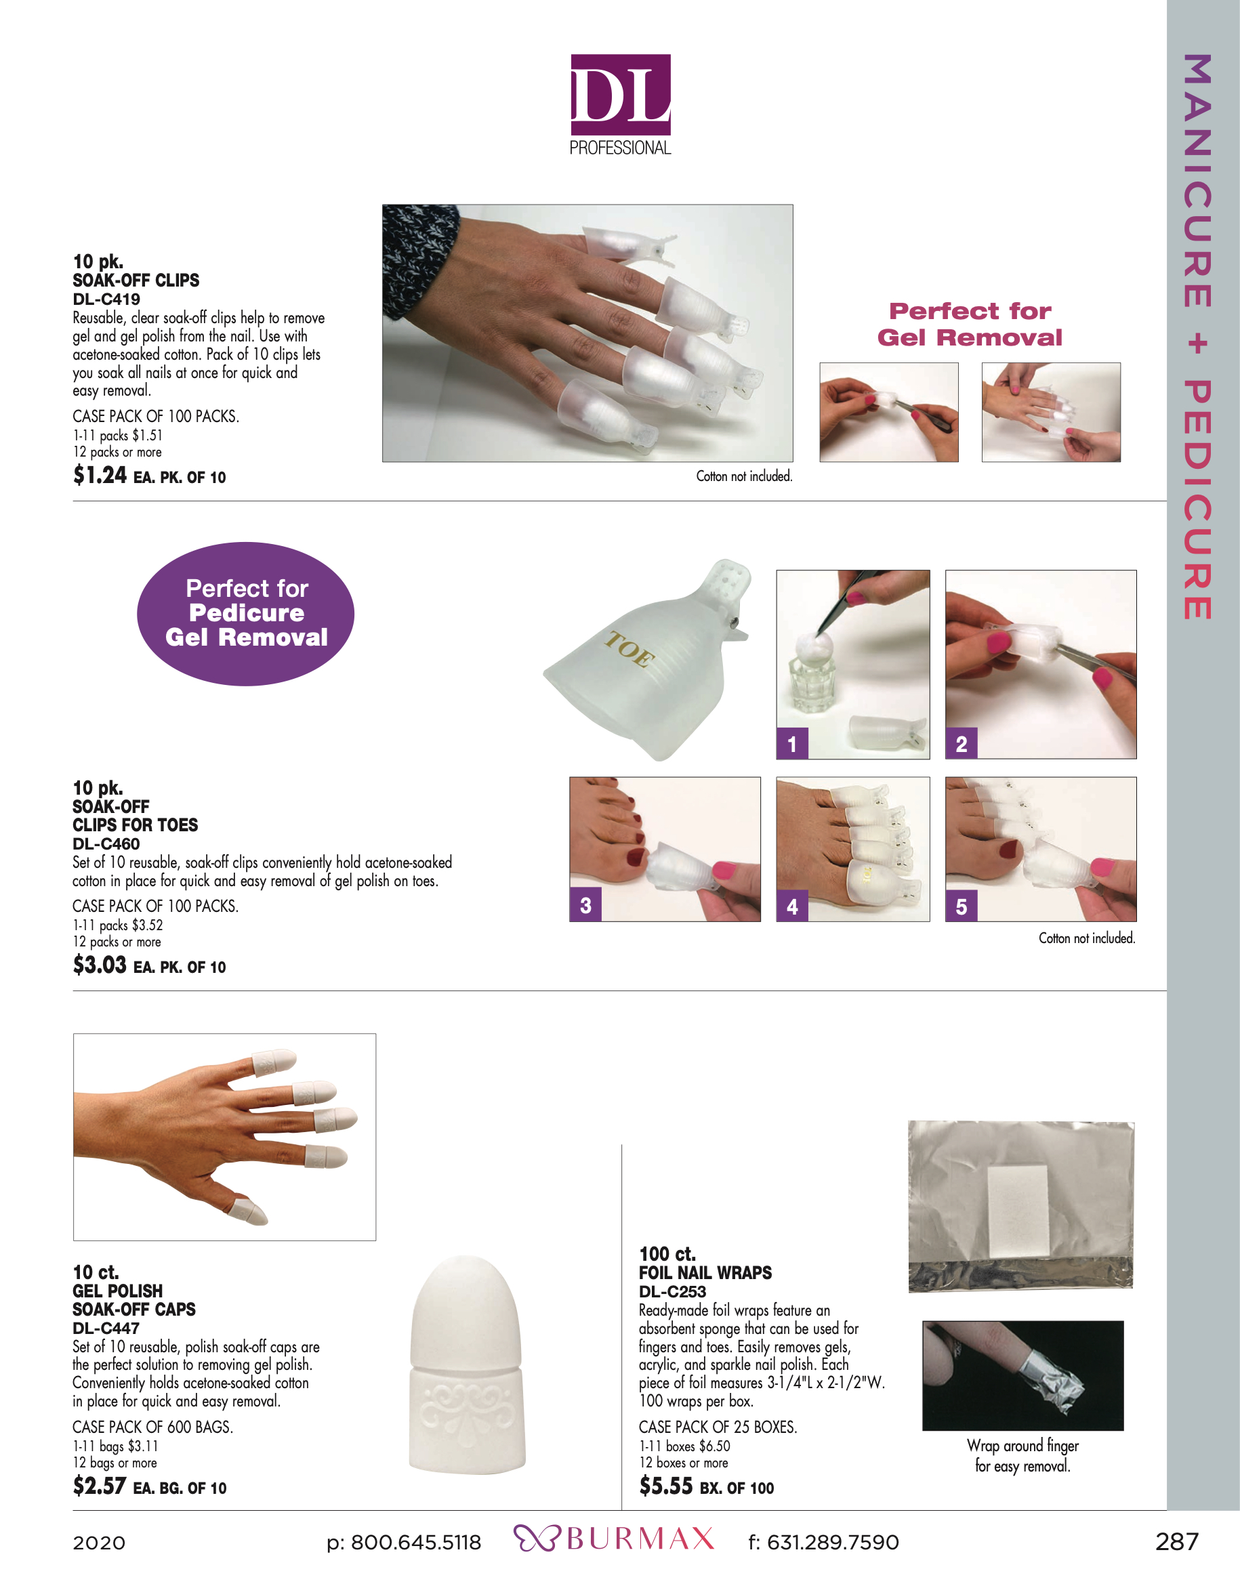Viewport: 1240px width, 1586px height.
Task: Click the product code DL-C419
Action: pyautogui.click(x=106, y=299)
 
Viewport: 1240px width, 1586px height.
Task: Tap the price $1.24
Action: pyautogui.click(x=100, y=476)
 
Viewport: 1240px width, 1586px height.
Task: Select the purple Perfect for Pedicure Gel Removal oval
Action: pyautogui.click(x=245, y=614)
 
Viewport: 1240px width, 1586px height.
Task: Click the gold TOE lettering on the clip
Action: pyautogui.click(x=629, y=649)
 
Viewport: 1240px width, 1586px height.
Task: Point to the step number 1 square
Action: pyautogui.click(x=792, y=744)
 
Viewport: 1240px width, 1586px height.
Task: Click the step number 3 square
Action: pyautogui.click(x=585, y=906)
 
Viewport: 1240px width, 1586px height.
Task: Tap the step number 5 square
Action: pyautogui.click(x=961, y=906)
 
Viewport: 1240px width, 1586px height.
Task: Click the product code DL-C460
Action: pyautogui.click(x=106, y=844)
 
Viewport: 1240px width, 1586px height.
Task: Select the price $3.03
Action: pyautogui.click(x=100, y=965)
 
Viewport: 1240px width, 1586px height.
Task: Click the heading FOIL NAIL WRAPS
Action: pyautogui.click(x=705, y=1273)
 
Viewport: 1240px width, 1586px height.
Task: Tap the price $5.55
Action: pyautogui.click(x=665, y=1486)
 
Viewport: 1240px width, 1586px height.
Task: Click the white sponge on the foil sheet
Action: pyautogui.click(x=1018, y=1211)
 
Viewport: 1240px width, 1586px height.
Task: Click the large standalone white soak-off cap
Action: pyautogui.click(x=466, y=1364)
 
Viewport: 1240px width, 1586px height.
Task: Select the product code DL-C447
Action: pyautogui.click(x=106, y=1328)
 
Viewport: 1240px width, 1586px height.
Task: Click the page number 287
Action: pyautogui.click(x=1176, y=1541)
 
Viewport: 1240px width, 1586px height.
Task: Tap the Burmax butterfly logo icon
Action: pyautogui.click(x=536, y=1539)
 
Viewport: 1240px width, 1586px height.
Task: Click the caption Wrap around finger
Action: pyautogui.click(x=1022, y=1446)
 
